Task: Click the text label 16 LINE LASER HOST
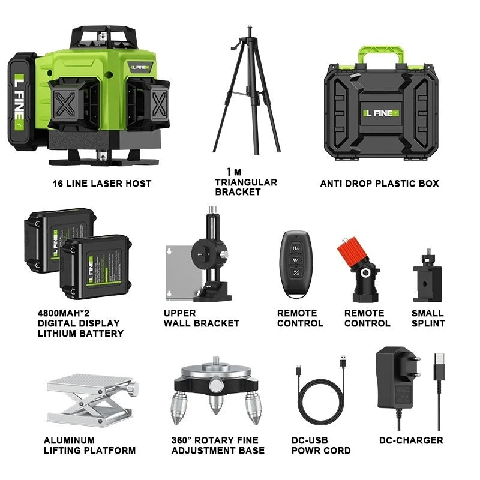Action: click(101, 183)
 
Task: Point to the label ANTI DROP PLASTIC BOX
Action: click(379, 183)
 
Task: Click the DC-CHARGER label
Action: click(411, 440)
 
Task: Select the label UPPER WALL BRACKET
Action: click(201, 318)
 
